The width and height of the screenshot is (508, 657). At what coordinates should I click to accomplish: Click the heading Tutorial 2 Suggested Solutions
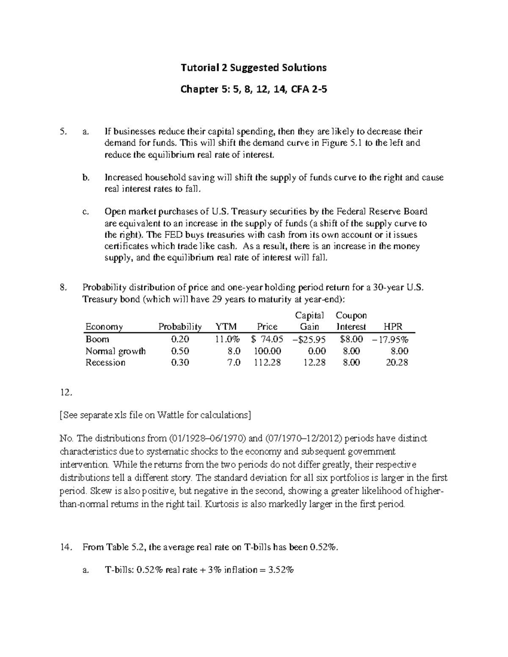[254, 68]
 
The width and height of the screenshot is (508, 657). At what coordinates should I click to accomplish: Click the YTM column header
[226, 327]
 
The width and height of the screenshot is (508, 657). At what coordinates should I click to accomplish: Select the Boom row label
[97, 339]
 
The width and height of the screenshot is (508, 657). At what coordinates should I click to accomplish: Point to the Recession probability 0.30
[180, 363]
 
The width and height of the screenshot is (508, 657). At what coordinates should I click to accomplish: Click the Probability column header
[180, 327]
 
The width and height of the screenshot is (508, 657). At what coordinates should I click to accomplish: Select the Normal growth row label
[115, 351]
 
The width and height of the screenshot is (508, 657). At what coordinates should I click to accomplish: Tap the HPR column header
[392, 327]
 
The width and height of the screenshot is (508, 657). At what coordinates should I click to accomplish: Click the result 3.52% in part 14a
[281, 570]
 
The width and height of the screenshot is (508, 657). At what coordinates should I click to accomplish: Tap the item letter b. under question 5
[86, 178]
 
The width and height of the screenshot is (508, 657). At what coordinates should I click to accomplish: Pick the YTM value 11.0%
[228, 339]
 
